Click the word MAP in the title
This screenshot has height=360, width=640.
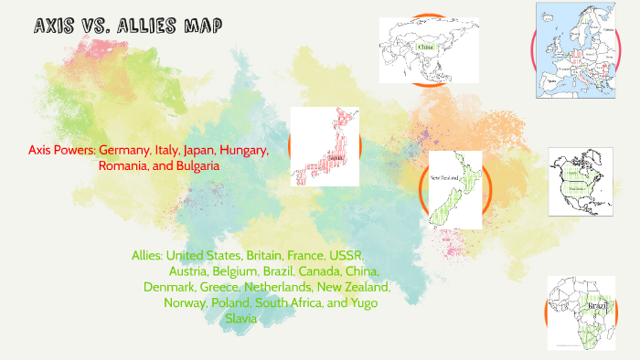(200, 26)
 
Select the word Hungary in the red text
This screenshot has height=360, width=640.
(244, 150)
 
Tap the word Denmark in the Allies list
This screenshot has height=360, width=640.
(169, 287)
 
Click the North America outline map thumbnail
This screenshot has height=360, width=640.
(580, 183)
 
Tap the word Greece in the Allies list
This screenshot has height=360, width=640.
(225, 287)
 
